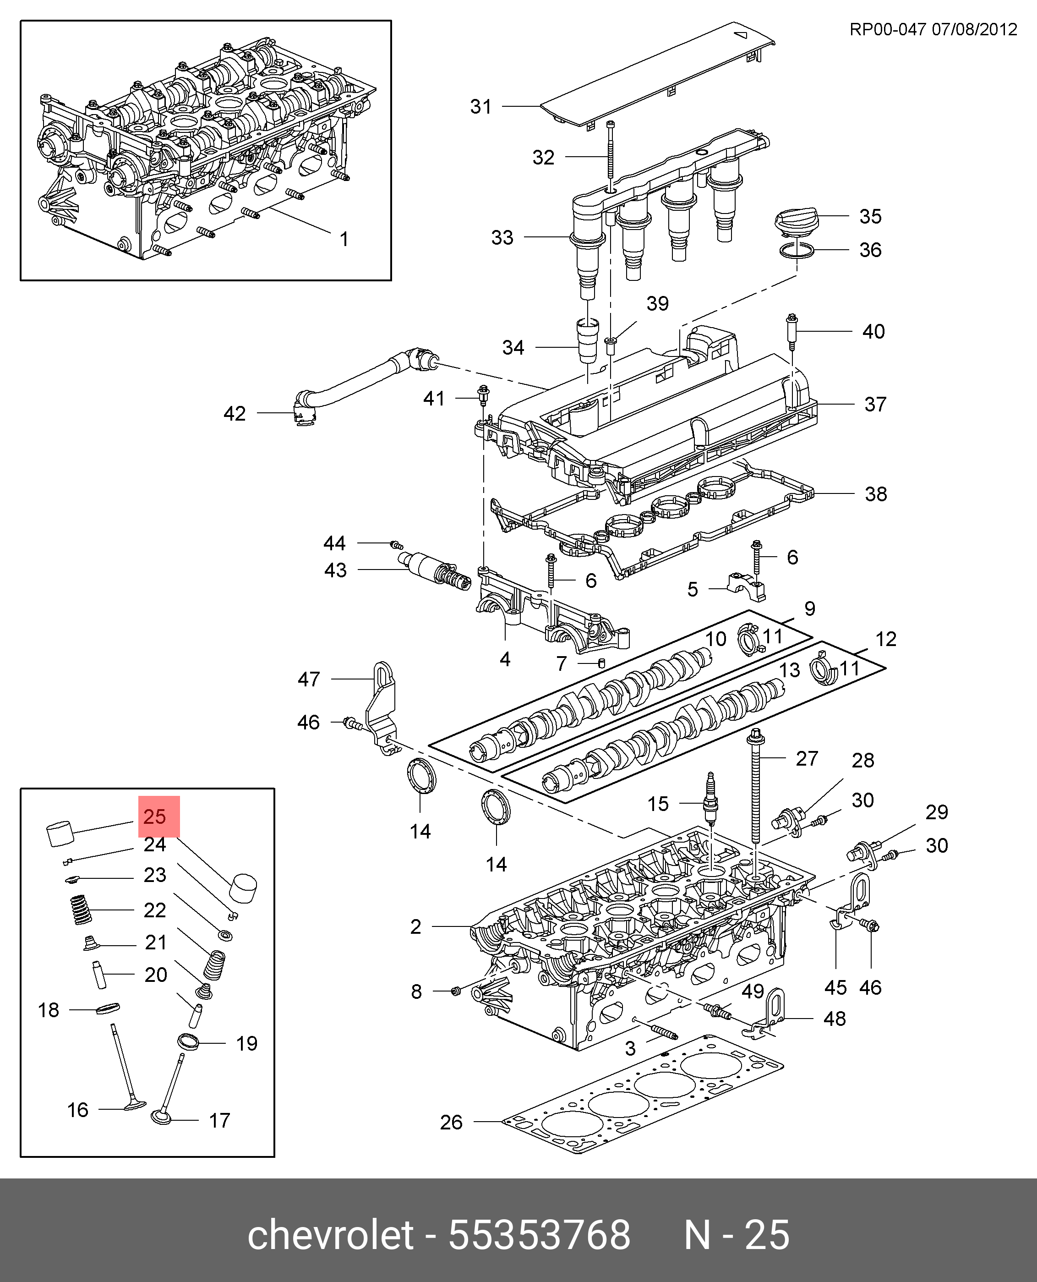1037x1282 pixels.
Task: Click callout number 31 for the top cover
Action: tap(481, 107)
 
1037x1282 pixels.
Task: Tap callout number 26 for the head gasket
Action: tap(451, 1123)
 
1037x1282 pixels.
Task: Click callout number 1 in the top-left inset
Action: tap(344, 239)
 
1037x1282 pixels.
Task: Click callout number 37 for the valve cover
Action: tap(875, 405)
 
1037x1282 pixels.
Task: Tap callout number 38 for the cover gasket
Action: tap(876, 494)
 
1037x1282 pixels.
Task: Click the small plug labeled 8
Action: tap(455, 991)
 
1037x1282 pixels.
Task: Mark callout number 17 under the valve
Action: tap(219, 1121)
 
